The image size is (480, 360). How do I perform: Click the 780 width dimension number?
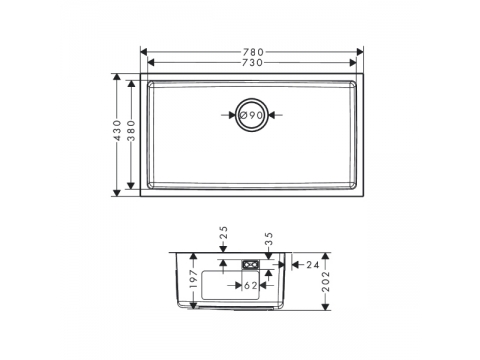[253, 52]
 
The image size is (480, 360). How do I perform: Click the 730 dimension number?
[252, 63]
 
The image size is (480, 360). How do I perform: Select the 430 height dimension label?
[117, 130]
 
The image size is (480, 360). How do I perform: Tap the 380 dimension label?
[132, 131]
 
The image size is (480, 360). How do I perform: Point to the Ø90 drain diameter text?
[252, 115]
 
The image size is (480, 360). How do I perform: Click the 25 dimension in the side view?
[224, 233]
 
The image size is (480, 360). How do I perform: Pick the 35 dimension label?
[269, 239]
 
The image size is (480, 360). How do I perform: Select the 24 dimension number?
[313, 265]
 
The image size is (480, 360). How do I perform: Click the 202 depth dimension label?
[326, 282]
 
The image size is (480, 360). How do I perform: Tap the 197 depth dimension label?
[194, 279]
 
